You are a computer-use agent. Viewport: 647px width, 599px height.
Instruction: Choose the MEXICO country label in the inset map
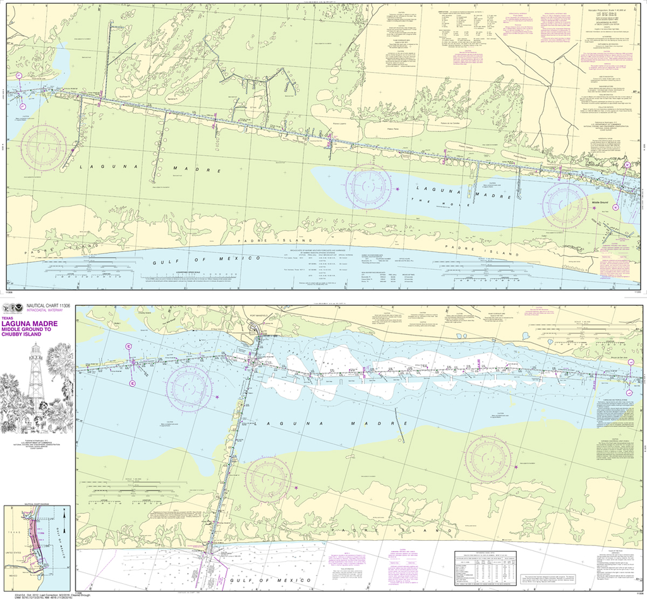pos(11,577)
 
